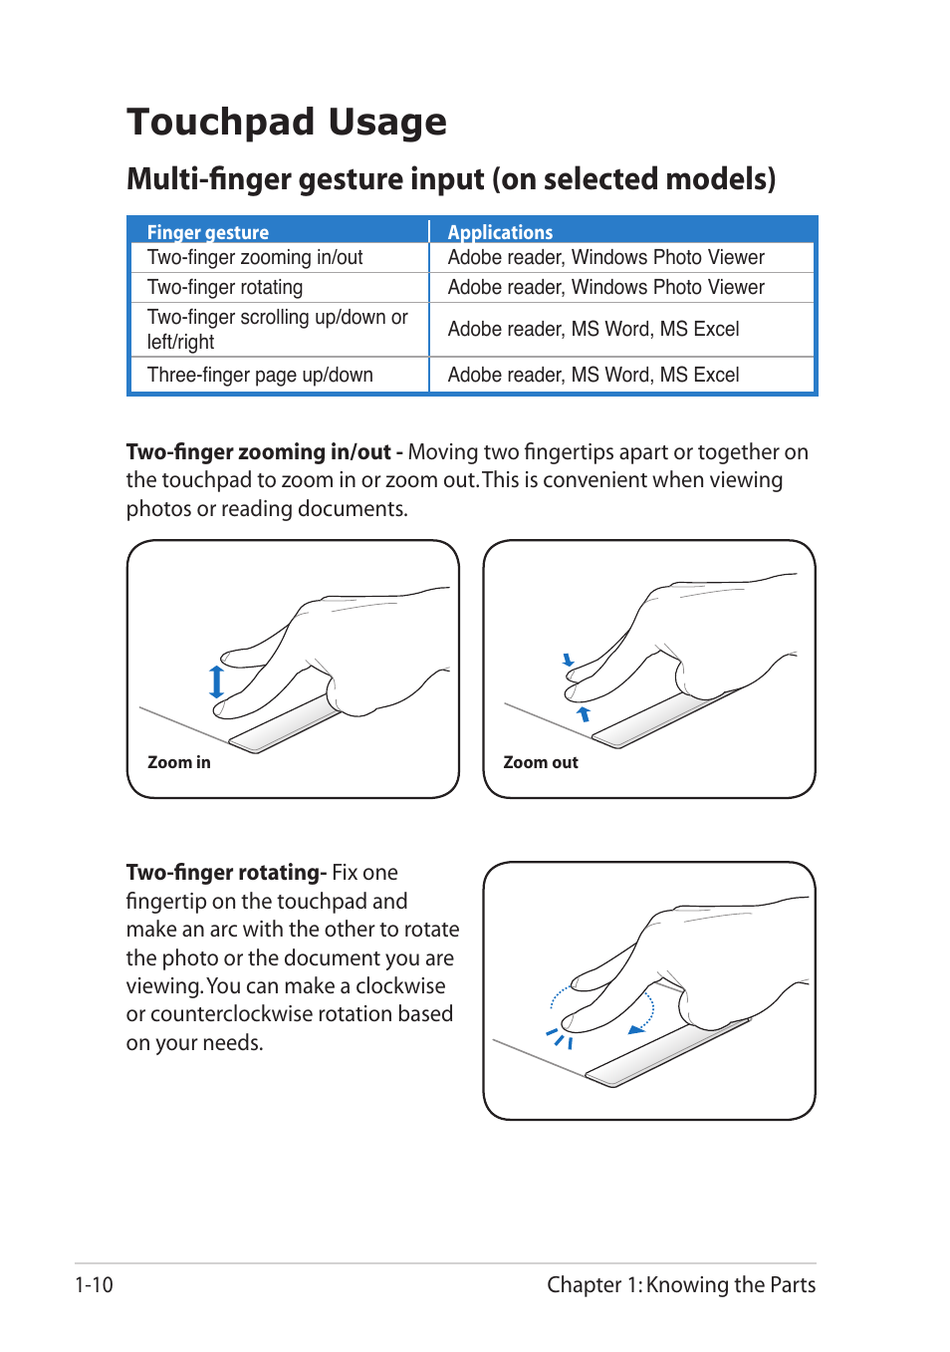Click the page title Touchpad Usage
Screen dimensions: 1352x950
coord(287,123)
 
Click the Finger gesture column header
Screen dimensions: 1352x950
coord(208,232)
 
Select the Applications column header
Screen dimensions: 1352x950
coord(500,232)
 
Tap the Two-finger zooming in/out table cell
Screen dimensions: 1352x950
coord(255,258)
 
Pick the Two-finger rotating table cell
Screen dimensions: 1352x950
coord(225,288)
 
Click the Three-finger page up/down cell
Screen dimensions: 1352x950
coord(260,376)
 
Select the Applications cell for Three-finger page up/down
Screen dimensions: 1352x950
coord(594,376)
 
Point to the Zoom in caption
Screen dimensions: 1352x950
coord(179,762)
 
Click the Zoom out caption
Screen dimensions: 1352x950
coord(541,762)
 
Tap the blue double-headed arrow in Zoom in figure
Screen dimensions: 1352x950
coord(216,682)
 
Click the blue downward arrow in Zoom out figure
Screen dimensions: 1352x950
coord(568,660)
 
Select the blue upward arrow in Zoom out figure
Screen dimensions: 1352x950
coord(584,713)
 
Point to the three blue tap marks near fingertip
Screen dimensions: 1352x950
coord(560,1038)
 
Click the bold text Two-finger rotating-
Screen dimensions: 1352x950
coord(226,873)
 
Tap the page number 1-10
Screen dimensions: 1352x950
coord(94,1285)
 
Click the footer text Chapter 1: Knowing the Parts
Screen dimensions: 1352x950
coord(681,1285)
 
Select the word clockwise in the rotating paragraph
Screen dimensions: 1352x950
coord(400,986)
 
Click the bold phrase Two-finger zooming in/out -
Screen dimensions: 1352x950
coord(264,452)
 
